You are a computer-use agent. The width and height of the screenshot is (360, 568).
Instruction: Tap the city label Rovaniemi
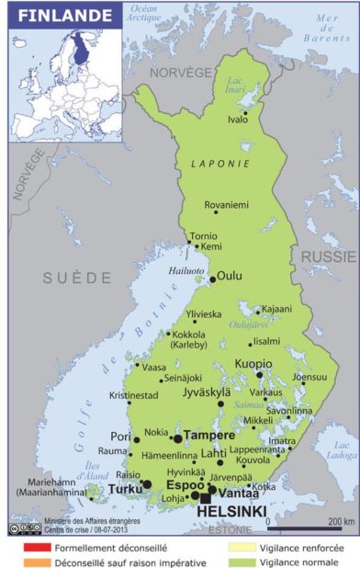[226, 205]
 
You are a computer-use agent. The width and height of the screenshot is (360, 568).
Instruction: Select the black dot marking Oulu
[213, 278]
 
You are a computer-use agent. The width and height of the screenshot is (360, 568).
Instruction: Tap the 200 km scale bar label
[327, 521]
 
